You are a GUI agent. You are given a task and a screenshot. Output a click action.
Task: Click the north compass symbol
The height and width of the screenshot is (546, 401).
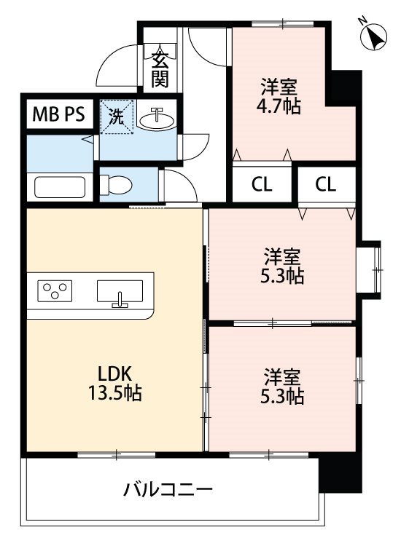click(x=374, y=36)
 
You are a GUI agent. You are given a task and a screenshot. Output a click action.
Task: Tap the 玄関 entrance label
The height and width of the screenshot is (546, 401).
click(x=160, y=70)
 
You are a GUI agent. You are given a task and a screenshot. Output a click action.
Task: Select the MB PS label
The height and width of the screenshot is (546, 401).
click(x=58, y=114)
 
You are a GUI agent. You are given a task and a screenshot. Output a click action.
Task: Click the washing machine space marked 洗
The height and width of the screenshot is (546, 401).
click(x=117, y=116)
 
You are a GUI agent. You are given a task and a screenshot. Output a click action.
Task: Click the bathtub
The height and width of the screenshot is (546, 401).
click(x=60, y=187)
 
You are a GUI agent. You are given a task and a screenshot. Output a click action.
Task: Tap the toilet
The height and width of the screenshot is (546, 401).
click(x=116, y=185)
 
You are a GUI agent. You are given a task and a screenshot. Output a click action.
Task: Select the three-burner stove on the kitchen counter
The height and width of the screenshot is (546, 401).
click(x=55, y=290)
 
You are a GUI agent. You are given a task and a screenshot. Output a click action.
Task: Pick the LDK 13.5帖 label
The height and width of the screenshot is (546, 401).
click(x=115, y=384)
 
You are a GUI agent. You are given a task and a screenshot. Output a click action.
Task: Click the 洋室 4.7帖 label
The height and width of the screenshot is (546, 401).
click(x=279, y=96)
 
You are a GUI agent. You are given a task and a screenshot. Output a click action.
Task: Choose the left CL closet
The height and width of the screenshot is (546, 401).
click(x=262, y=185)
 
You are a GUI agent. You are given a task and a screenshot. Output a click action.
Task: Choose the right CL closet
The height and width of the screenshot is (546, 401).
click(x=327, y=185)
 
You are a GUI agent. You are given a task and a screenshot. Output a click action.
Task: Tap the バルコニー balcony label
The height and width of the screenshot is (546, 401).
click(x=168, y=490)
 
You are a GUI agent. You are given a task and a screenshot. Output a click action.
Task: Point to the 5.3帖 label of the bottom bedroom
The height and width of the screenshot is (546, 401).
click(x=282, y=397)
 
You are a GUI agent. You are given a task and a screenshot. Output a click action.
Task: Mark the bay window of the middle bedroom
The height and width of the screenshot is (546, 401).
click(x=369, y=269)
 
